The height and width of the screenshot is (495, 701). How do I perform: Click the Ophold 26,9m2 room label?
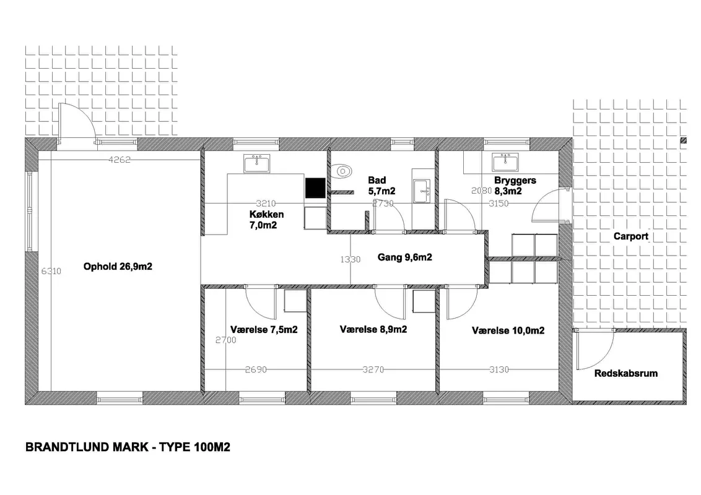(x=118, y=267)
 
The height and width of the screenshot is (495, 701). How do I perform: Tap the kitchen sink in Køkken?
(x=256, y=164)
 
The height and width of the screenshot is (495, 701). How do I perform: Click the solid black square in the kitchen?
(x=315, y=187)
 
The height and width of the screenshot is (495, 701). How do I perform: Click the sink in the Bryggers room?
(x=505, y=162)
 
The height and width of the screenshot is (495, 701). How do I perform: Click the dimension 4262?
(x=120, y=160)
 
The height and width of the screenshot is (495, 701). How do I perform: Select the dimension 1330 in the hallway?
(x=350, y=260)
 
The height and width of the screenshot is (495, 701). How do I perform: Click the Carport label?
(x=630, y=236)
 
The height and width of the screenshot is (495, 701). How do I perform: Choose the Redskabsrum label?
(x=625, y=374)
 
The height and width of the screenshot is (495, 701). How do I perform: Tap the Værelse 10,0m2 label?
(x=508, y=331)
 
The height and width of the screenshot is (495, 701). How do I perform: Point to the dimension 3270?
(x=373, y=370)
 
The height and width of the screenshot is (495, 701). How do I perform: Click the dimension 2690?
(x=256, y=370)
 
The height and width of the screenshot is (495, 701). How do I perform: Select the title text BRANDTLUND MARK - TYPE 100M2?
(x=128, y=447)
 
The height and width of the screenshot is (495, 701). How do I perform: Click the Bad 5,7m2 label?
(x=378, y=186)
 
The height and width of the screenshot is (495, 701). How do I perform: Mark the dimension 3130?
(x=499, y=370)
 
